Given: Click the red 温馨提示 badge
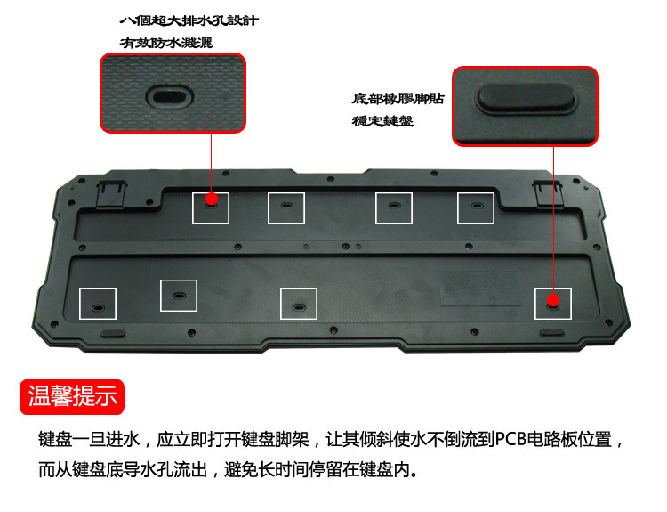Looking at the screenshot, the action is click(x=72, y=396).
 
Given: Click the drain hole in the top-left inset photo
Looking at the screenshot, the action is click(x=169, y=96).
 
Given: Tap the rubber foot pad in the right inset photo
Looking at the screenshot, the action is click(x=526, y=98).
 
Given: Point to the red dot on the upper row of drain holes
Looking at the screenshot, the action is click(x=212, y=199).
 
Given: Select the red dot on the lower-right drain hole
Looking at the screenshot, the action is click(x=553, y=300).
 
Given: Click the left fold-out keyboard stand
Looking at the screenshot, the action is click(x=111, y=195).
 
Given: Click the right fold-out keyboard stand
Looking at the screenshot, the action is click(x=549, y=194).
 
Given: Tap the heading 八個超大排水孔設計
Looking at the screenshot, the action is click(x=189, y=20).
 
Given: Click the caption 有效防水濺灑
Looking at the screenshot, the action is click(x=166, y=43).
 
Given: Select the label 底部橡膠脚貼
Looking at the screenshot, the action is click(x=398, y=99).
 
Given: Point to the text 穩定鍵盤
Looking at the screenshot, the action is click(x=382, y=121).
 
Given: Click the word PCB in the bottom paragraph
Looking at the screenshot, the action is click(x=511, y=439).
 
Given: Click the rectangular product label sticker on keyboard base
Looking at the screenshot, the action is click(x=479, y=289).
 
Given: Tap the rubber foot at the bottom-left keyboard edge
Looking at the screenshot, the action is click(x=113, y=333).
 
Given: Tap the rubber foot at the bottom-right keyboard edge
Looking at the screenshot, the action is click(x=552, y=332).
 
